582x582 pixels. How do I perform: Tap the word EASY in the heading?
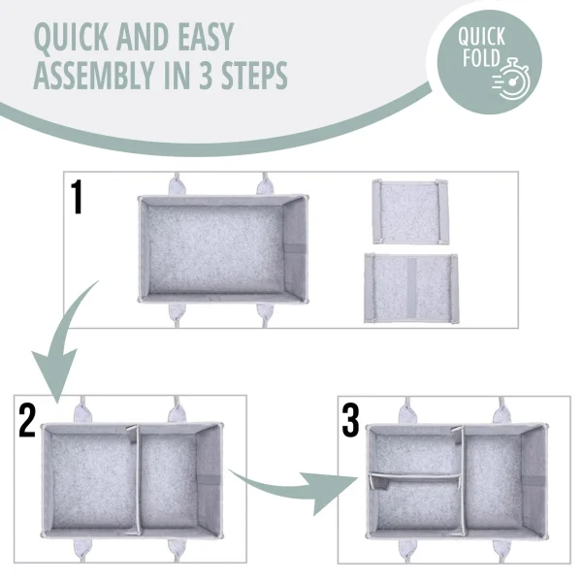click(x=206, y=37)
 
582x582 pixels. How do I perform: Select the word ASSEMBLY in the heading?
click(x=93, y=76)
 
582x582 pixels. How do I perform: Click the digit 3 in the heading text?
click(x=206, y=76)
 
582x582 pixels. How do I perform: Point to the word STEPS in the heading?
click(x=254, y=76)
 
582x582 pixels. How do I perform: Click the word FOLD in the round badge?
click(x=481, y=58)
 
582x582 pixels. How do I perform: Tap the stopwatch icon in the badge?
click(x=512, y=80)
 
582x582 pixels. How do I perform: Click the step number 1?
click(x=77, y=197)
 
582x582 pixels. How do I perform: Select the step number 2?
click(x=27, y=421)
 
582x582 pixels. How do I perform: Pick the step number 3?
click(x=350, y=421)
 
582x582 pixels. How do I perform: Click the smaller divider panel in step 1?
click(x=410, y=211)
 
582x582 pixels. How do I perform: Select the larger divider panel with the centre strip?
click(x=411, y=288)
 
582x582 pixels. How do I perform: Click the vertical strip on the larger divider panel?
click(x=411, y=288)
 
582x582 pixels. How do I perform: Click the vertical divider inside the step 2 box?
click(x=137, y=479)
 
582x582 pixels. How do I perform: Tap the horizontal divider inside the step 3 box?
click(x=415, y=477)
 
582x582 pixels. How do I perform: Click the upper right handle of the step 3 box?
click(x=501, y=411)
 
